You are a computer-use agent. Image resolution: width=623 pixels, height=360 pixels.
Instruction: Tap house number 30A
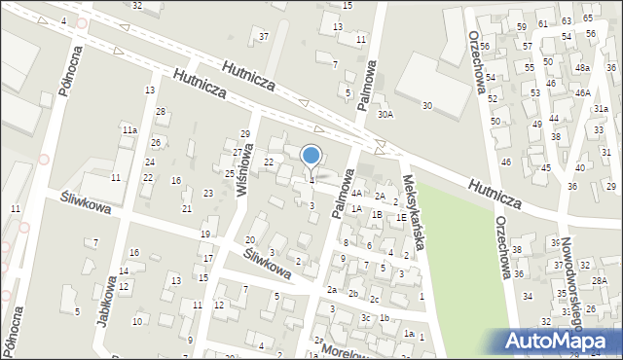pos(386,115)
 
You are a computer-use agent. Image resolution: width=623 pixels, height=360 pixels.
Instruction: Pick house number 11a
pos(129,129)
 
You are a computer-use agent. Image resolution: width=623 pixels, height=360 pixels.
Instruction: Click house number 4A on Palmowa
pos(357,194)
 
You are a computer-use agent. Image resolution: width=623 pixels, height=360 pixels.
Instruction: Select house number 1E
pos(401,217)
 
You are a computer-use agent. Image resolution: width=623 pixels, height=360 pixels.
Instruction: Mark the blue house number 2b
pos(354,294)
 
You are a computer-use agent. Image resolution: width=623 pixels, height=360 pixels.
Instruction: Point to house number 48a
pos(582,68)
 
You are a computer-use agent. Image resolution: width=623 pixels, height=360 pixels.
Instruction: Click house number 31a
pos(601,109)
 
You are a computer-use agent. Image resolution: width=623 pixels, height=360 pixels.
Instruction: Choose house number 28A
pos(600,281)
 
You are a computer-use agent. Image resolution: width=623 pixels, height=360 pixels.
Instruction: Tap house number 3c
pos(366,318)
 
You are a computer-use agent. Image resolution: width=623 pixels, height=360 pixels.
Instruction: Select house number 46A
pos(582,92)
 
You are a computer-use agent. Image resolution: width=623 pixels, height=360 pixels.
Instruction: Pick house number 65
pos(588,18)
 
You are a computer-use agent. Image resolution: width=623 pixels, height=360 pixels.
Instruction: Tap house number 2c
pos(374,299)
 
